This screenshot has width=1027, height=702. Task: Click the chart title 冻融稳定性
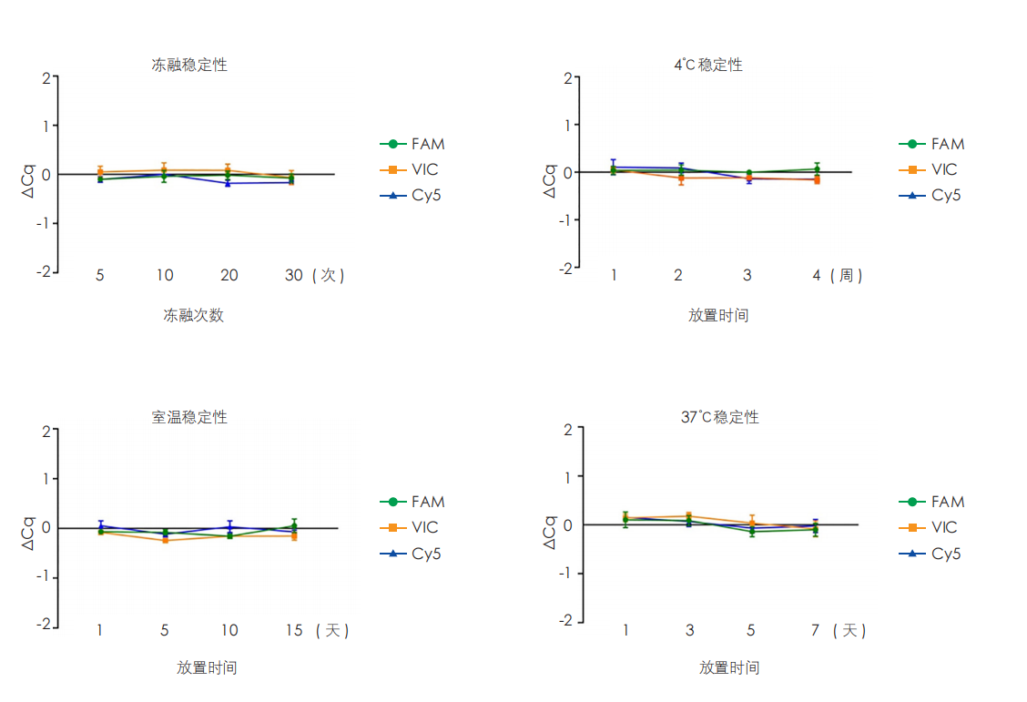[189, 65]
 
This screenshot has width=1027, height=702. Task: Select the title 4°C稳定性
[707, 65]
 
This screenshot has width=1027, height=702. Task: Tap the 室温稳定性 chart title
[189, 417]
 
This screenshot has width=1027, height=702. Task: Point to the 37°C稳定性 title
[719, 417]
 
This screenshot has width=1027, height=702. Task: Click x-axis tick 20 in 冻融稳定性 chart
[229, 275]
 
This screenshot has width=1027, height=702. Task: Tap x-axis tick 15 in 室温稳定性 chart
[294, 630]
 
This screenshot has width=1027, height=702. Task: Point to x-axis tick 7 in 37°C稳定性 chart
[815, 630]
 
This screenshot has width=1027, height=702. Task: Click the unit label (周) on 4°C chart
[847, 275]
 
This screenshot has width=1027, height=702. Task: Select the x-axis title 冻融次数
[193, 315]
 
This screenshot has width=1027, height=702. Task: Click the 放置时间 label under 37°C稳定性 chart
[728, 667]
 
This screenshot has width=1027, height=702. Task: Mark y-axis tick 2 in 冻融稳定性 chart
[46, 78]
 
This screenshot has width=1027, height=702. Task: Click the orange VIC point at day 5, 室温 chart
[165, 540]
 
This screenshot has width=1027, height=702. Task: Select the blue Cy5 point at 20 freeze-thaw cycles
[229, 183]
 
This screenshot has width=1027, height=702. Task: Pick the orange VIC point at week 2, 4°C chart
[679, 178]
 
